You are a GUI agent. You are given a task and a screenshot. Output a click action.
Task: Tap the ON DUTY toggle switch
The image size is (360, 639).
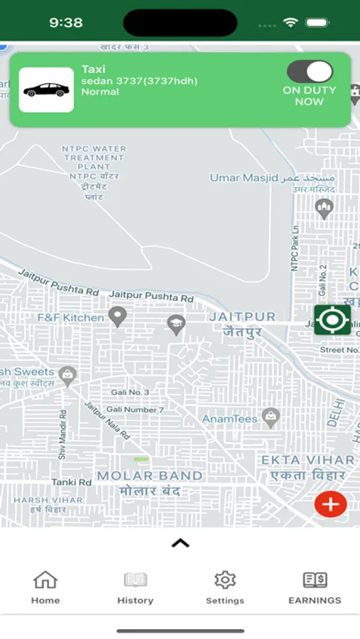(x=310, y=72)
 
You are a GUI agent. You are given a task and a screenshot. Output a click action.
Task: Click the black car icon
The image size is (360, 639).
(x=46, y=90)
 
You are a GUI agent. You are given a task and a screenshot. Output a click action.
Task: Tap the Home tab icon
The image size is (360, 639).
(x=45, y=580)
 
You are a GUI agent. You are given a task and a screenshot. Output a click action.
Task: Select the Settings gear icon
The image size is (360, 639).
(x=225, y=580)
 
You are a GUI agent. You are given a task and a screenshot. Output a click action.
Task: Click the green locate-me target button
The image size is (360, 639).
(x=332, y=319)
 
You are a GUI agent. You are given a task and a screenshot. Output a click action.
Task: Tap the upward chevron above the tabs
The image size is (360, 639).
(x=180, y=543)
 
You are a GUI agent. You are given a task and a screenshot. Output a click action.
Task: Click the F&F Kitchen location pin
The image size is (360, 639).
(x=117, y=316)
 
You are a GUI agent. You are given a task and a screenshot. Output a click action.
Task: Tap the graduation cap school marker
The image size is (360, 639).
(x=176, y=325)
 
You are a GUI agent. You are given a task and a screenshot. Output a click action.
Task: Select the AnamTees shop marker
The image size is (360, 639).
(x=271, y=417)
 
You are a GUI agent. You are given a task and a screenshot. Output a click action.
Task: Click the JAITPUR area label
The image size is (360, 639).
(x=242, y=317)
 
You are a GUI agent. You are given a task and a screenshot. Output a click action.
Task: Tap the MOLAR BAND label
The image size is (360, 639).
(x=150, y=476)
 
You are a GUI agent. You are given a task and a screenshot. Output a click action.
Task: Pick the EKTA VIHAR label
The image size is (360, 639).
(x=307, y=460)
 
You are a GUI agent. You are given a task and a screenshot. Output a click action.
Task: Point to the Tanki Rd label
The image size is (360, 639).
(x=71, y=482)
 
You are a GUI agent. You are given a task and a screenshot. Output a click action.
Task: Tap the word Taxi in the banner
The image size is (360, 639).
(x=93, y=69)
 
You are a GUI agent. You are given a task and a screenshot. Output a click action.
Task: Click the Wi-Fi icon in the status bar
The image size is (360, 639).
(x=290, y=23)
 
